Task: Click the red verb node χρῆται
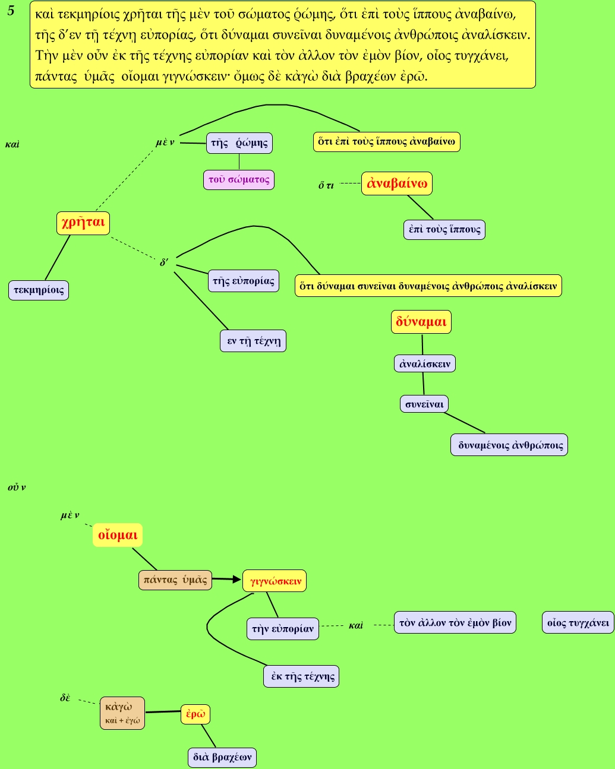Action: [x=83, y=223]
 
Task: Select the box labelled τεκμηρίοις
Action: [x=39, y=290]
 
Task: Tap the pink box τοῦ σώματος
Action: [x=239, y=179]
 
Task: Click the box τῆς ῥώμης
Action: [x=239, y=143]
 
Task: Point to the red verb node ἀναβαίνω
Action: [x=397, y=183]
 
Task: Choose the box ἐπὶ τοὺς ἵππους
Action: [x=444, y=229]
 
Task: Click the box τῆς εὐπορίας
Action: [x=244, y=281]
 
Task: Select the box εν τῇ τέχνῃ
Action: [x=253, y=341]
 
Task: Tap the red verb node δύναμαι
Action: [x=421, y=322]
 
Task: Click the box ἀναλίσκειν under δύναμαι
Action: [x=425, y=363]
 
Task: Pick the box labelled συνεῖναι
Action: [x=424, y=404]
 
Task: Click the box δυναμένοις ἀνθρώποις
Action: [x=510, y=445]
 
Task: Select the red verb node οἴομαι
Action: [x=118, y=535]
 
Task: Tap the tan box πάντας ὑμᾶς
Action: [x=175, y=580]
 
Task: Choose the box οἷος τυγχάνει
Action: [x=578, y=622]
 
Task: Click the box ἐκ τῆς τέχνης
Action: [x=301, y=676]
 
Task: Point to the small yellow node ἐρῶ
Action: [x=195, y=714]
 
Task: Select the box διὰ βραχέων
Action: [x=222, y=757]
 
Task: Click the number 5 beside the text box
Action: [x=11, y=11]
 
